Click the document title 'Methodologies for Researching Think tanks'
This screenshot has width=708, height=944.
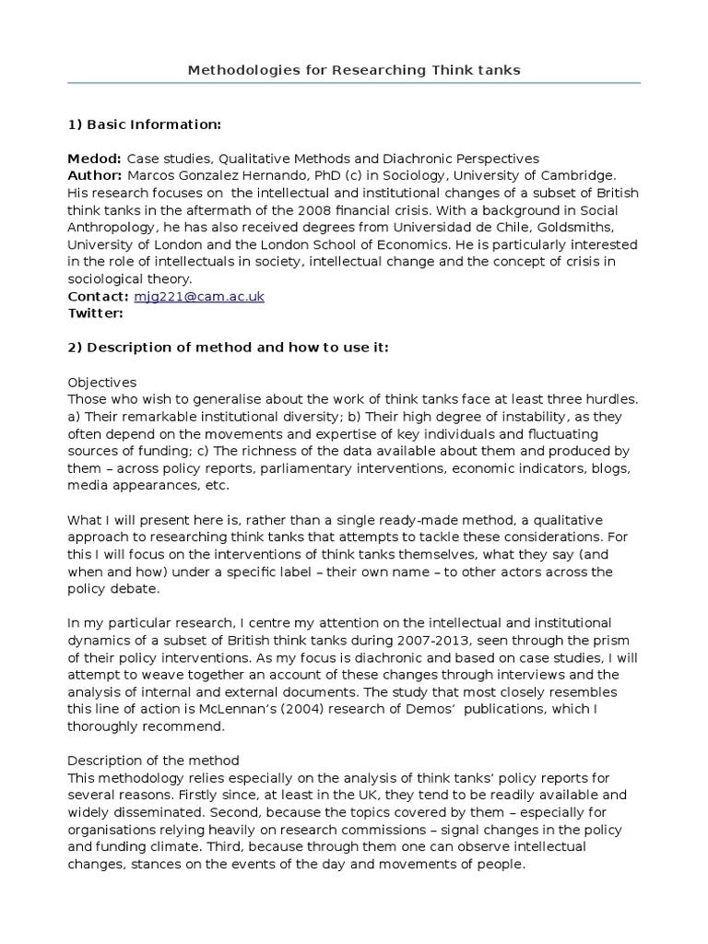click(354, 70)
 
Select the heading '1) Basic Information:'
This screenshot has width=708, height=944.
click(145, 124)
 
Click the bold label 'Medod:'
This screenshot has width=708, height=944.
click(95, 159)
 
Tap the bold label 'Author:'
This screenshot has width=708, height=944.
click(95, 175)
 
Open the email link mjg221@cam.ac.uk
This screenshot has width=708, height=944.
click(198, 296)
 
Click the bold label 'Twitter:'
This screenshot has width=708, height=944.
click(95, 313)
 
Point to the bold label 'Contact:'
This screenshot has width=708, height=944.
click(98, 296)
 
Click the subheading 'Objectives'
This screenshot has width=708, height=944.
click(102, 382)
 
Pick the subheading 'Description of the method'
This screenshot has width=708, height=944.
click(154, 760)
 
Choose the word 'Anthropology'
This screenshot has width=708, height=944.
click(112, 227)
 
